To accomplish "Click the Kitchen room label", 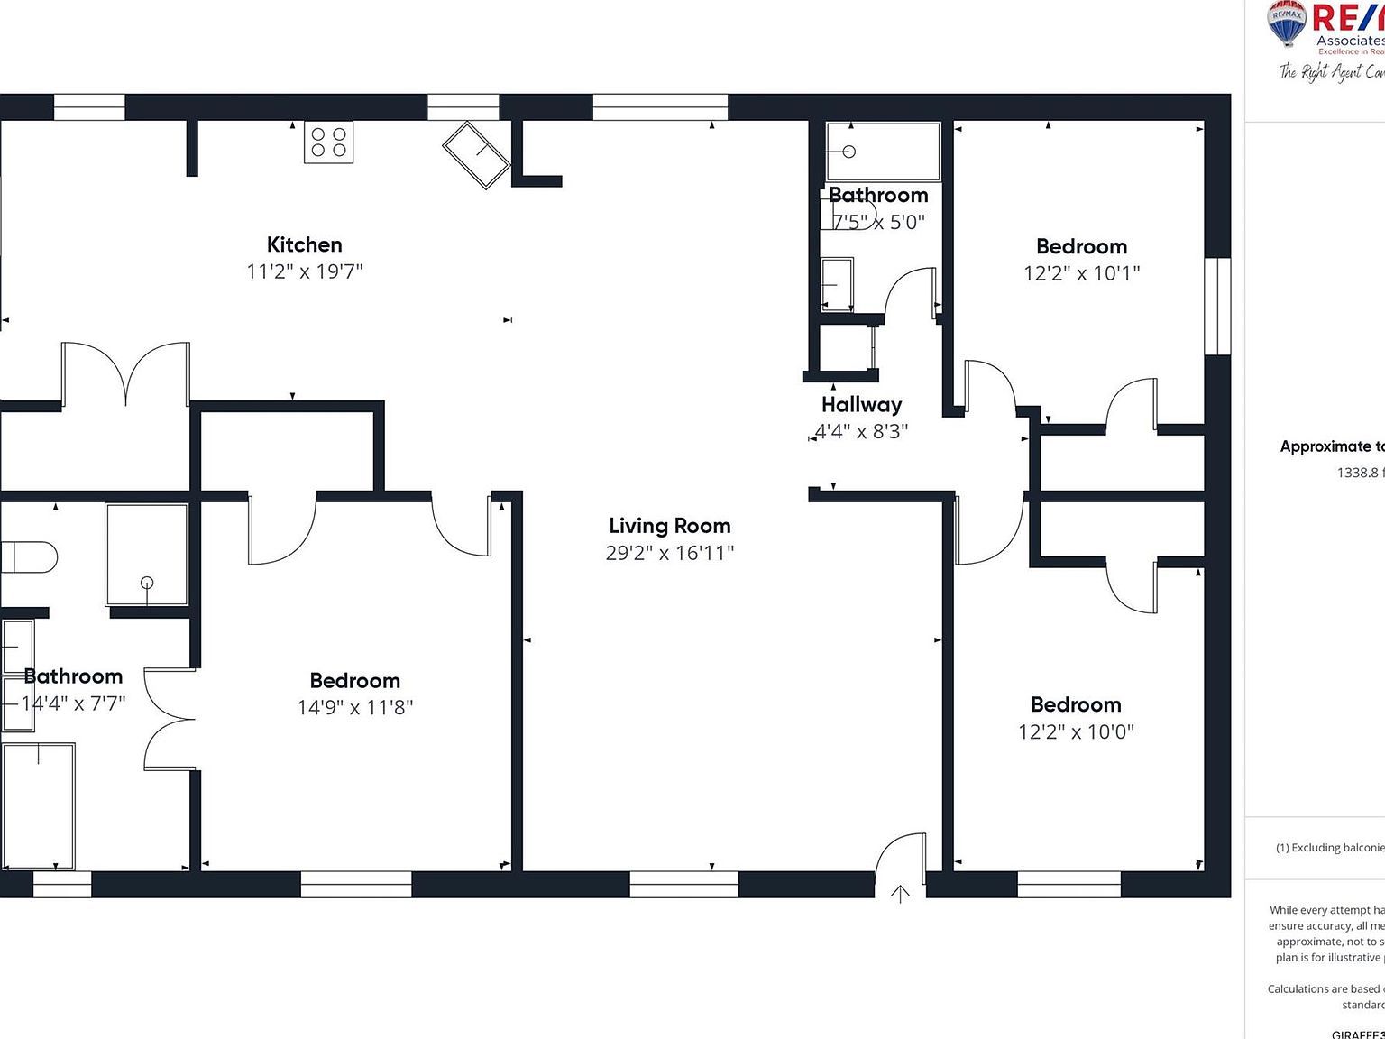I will (304, 244).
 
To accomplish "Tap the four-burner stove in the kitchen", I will (328, 143).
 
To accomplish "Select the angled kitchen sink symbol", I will (476, 154).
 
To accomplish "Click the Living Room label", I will (669, 526).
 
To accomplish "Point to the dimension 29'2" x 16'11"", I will (669, 553).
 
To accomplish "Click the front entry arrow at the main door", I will (900, 894).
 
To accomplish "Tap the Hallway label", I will (861, 405).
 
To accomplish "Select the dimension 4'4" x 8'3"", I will (861, 431).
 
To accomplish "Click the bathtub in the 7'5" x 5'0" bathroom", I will (883, 152).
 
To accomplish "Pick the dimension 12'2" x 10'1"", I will (1081, 273).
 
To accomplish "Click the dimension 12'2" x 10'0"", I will (1076, 731).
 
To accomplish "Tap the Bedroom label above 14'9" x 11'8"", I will (354, 681).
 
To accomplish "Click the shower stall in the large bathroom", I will (147, 555).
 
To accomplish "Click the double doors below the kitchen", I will (125, 374).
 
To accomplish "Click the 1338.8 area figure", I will (1360, 473).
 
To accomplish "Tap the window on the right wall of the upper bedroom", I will (1217, 307).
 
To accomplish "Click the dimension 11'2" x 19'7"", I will (304, 271).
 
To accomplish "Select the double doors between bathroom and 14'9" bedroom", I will (170, 720).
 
